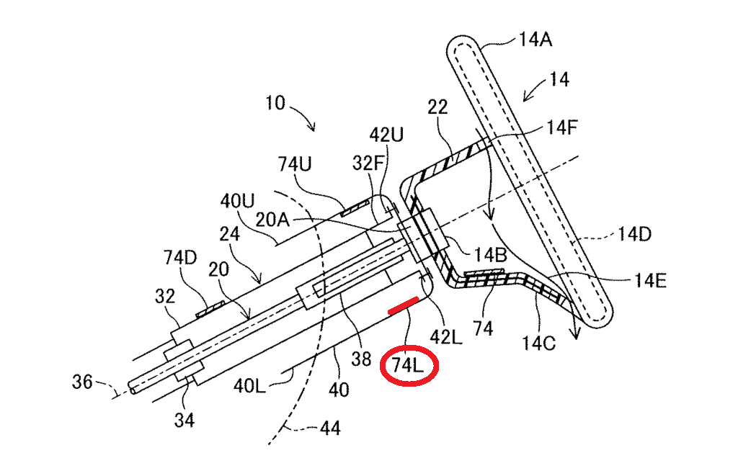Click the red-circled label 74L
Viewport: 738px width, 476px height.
408,365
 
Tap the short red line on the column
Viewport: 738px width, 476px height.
403,305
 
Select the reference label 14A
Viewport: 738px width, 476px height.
535,40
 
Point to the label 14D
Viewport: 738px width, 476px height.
634,234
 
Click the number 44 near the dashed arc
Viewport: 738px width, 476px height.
330,428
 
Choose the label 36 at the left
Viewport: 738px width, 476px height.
82,382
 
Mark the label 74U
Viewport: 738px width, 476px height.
295,164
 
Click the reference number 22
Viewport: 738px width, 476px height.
437,107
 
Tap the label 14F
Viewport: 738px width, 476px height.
561,127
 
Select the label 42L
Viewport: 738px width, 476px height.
446,336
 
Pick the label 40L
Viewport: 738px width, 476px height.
249,386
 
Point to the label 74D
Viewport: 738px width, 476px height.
180,257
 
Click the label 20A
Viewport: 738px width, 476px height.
272,220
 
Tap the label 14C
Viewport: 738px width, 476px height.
538,343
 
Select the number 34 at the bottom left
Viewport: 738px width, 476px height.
184,420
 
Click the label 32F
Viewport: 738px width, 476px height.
368,163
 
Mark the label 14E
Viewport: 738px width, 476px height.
651,281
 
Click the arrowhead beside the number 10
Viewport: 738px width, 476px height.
311,127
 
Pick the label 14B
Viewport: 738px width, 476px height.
490,254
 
